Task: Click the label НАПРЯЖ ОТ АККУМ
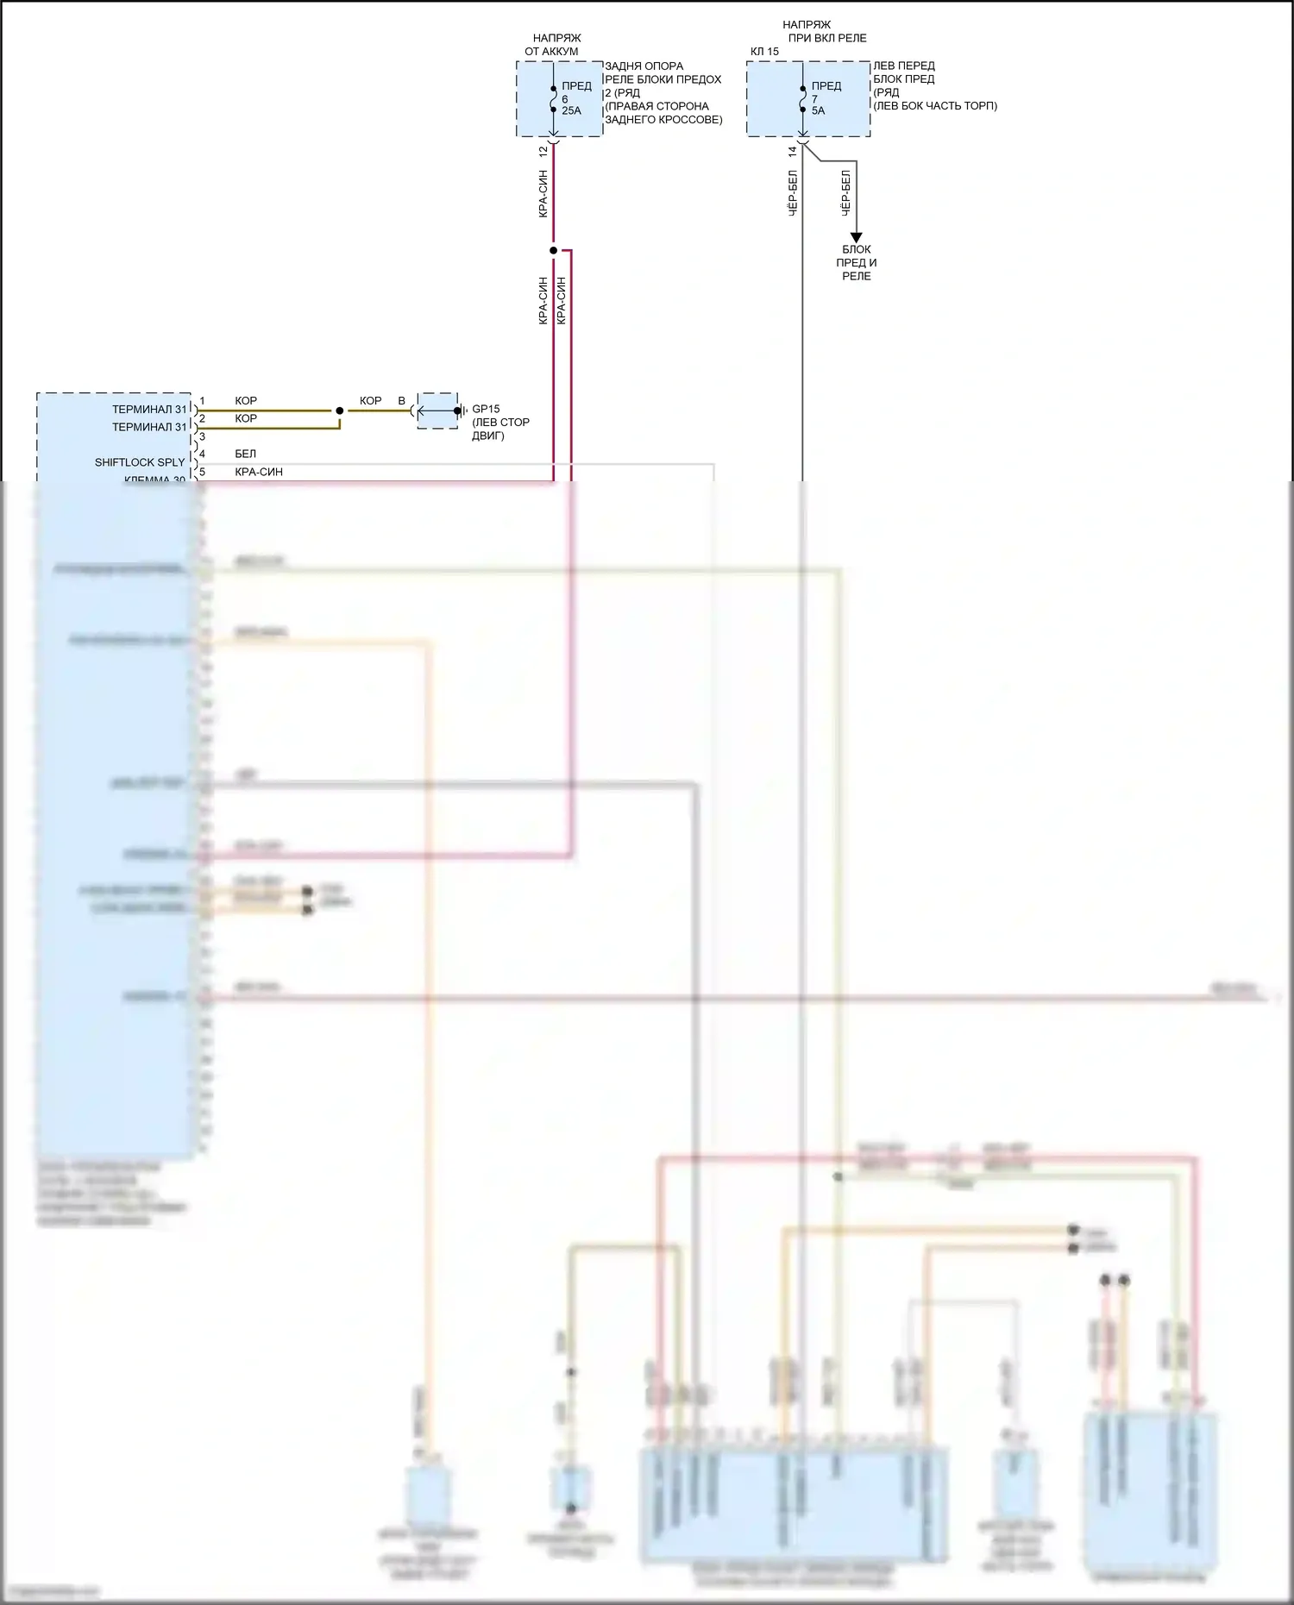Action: (552, 45)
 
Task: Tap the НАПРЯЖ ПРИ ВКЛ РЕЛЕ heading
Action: (826, 32)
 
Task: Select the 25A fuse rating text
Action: (571, 110)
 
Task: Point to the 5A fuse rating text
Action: (818, 110)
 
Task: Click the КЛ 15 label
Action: (764, 52)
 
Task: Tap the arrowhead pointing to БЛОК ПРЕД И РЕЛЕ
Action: (856, 237)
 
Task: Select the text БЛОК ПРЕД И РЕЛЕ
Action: (856, 262)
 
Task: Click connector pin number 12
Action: (543, 151)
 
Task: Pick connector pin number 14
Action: (792, 151)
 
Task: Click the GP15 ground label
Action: (486, 409)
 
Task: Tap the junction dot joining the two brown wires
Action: (339, 411)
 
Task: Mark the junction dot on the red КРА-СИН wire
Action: (553, 251)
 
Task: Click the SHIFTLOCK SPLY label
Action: (140, 462)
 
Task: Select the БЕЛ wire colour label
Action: (245, 454)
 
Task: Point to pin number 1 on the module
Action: (203, 401)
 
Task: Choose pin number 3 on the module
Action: (203, 437)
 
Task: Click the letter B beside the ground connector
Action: (401, 401)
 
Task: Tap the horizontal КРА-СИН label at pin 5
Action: (259, 472)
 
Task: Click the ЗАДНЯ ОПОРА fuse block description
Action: (663, 92)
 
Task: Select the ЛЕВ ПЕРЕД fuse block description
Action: (934, 85)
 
